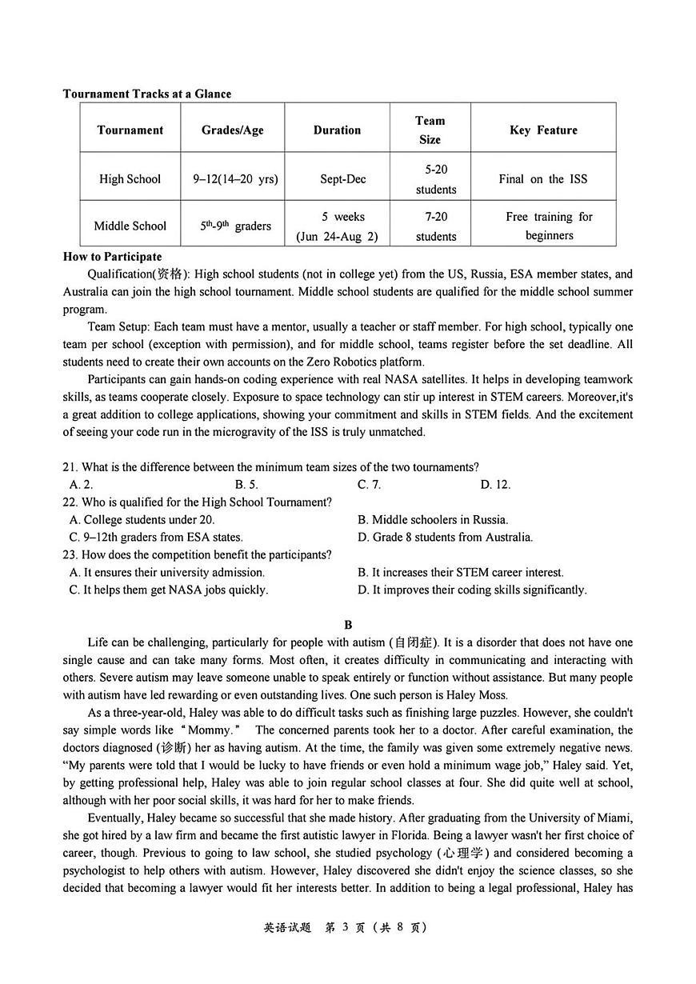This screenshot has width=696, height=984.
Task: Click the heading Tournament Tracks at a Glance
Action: point(146,94)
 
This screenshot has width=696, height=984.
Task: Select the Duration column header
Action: point(337,130)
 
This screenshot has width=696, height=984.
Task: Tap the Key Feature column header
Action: point(543,130)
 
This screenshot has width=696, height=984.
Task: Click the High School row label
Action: point(130,179)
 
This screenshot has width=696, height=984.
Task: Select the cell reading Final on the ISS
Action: point(543,179)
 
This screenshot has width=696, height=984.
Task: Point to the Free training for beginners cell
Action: point(549,226)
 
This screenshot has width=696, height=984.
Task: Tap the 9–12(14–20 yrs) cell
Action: point(235,179)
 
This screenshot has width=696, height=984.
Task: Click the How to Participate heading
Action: point(112,257)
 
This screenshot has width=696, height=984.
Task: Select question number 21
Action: point(70,467)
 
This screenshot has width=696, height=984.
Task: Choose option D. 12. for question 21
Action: point(495,485)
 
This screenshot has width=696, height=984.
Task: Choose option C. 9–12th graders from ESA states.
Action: point(156,538)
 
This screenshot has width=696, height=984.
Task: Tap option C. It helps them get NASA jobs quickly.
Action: point(169,590)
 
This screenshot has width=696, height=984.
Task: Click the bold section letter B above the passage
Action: point(347,625)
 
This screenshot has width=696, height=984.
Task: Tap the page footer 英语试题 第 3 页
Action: point(346,927)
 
